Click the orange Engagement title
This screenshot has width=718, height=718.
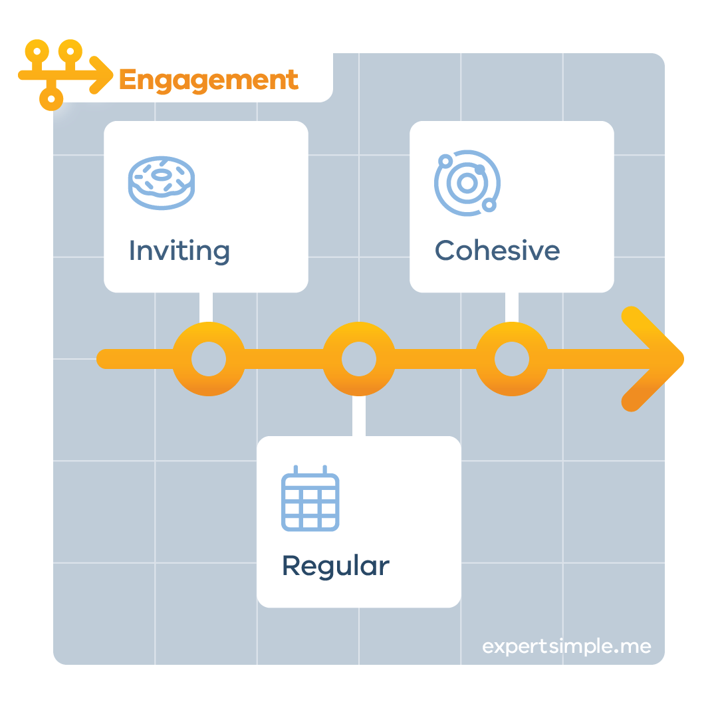(208, 80)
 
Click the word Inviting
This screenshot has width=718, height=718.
(179, 251)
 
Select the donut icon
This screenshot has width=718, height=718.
(161, 183)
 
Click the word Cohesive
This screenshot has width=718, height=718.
(497, 251)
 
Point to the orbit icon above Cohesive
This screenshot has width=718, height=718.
(467, 183)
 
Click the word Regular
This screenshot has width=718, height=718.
(336, 566)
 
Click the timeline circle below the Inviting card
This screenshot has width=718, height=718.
(208, 360)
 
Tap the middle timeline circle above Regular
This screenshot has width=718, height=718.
(359, 360)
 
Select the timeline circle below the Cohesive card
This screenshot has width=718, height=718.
(512, 360)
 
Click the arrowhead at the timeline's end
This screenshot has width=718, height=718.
(655, 359)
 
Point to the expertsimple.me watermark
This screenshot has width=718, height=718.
(566, 646)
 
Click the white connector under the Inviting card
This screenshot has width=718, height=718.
(206, 307)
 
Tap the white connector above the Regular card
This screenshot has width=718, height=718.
(358, 416)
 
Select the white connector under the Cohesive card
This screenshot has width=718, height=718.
(512, 307)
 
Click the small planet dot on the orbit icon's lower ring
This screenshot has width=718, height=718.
(489, 205)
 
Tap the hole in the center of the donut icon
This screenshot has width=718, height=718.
(161, 175)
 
